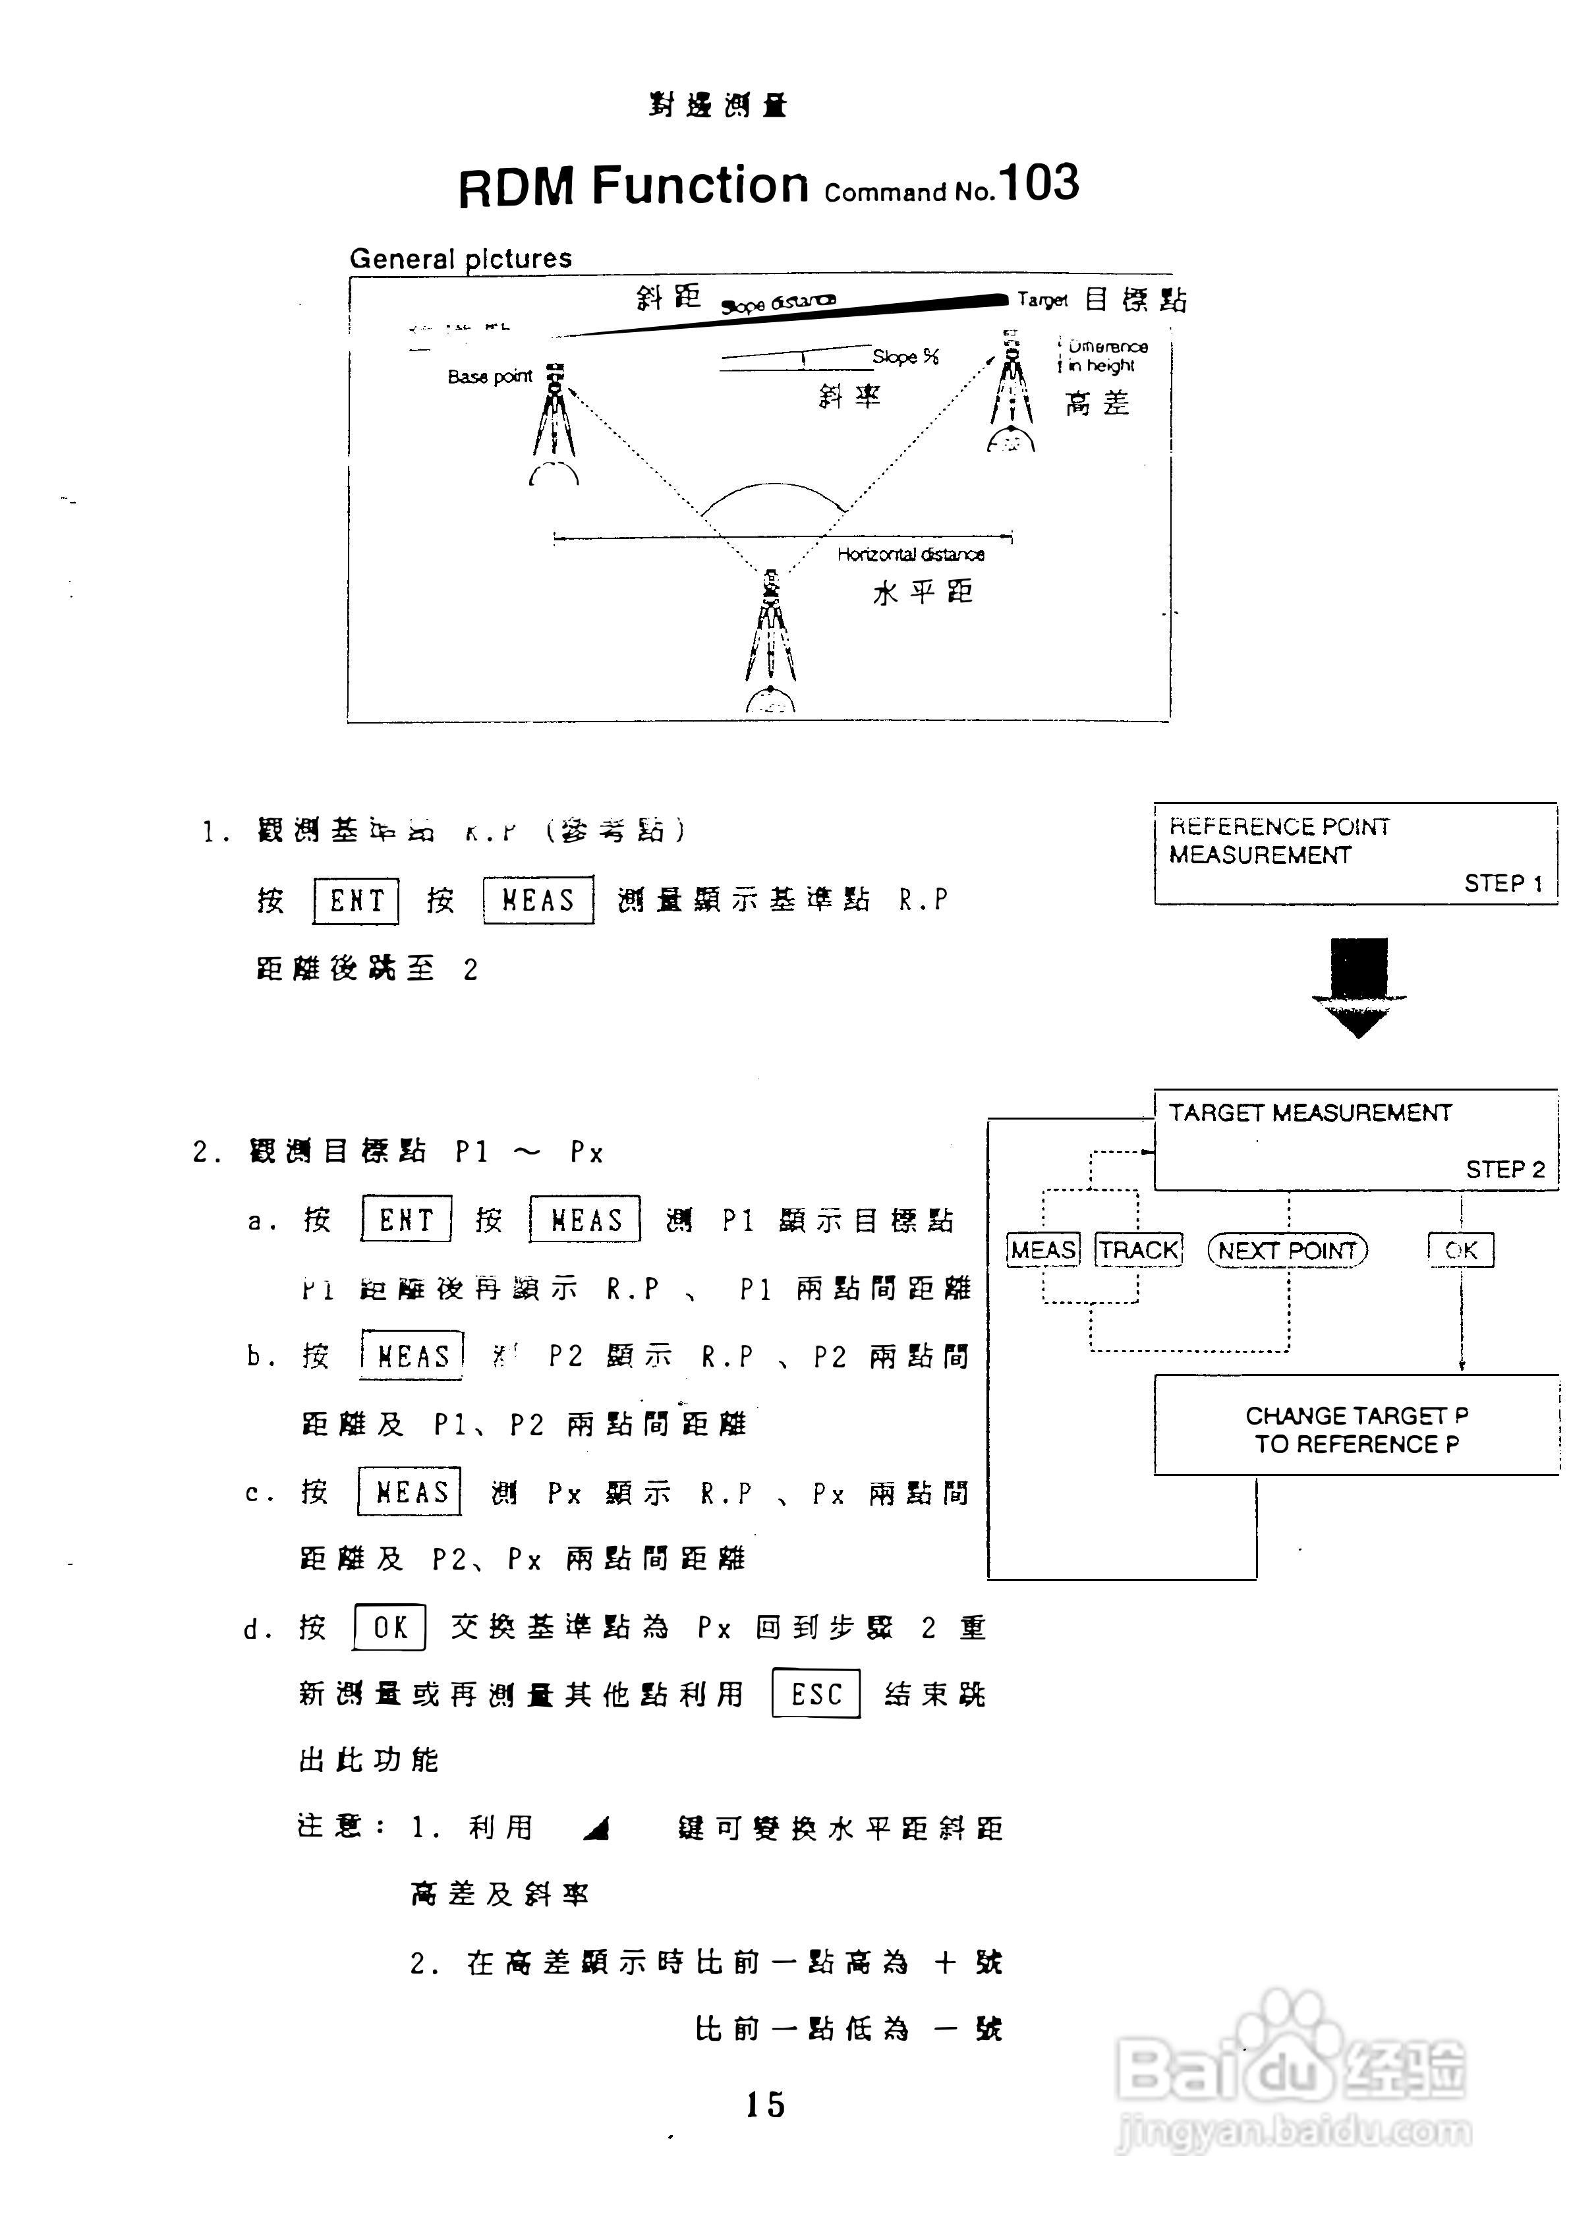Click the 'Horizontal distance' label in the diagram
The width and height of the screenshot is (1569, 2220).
pos(911,554)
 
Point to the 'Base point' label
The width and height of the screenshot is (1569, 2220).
pos(489,376)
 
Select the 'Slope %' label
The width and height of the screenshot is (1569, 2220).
pos(905,356)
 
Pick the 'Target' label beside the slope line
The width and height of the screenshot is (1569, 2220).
pos(1042,300)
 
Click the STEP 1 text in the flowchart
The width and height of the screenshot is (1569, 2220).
pos(1502,883)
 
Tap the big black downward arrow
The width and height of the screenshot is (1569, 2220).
pos(1358,985)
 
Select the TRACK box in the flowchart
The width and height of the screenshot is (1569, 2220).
pos(1139,1250)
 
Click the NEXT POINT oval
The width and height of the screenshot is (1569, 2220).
pos(1287,1250)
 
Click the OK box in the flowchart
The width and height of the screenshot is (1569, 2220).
pos(1461,1250)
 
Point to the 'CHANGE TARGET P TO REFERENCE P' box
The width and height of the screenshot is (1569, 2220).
pos(1356,1429)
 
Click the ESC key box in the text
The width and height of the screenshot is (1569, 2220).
pos(816,1694)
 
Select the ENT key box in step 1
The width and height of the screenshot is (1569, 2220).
pos(356,901)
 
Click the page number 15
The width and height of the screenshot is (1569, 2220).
pos(764,2105)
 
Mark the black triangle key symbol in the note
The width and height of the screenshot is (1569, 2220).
pos(598,1827)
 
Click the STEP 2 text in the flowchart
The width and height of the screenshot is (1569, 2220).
pos(1504,1169)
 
